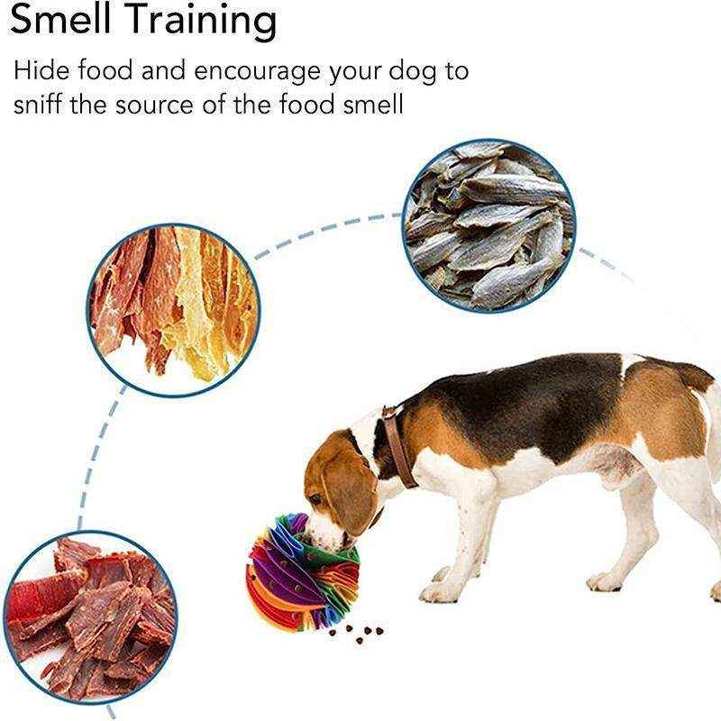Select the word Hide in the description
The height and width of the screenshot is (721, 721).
click(x=41, y=70)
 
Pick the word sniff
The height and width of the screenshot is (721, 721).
click(x=38, y=105)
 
